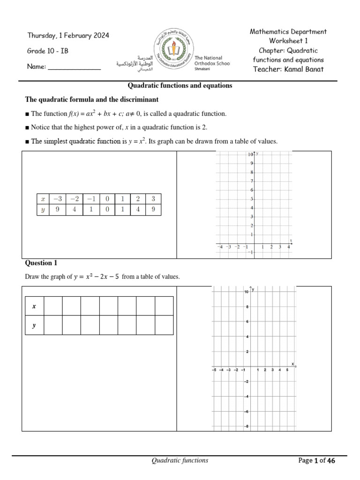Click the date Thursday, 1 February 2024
tap(68, 36)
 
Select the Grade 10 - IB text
tap(48, 51)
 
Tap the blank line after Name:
tap(75, 67)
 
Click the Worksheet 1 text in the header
tap(288, 41)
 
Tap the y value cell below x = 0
tap(107, 210)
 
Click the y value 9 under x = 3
tap(153, 210)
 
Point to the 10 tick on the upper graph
tap(250, 154)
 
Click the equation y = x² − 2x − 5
tap(97, 277)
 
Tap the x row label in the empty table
tap(34, 306)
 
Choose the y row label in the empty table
tap(34, 325)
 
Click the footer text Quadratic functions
tap(180, 461)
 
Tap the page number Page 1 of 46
tap(317, 461)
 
